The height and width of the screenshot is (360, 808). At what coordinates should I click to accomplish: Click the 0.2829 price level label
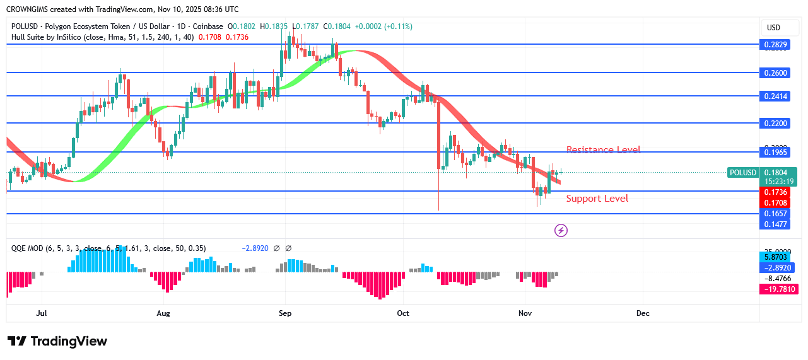[776, 44]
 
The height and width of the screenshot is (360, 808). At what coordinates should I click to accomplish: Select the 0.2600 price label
[776, 73]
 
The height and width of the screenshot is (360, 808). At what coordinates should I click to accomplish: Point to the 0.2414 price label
[776, 96]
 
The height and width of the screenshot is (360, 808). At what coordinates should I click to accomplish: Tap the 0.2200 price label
[776, 124]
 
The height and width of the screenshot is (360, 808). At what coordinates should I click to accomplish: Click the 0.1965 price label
[776, 152]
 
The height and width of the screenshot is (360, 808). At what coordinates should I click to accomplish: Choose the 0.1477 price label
[776, 224]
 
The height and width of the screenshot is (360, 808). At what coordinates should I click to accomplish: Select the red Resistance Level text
[603, 150]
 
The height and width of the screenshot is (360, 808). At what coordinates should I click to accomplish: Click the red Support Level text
[597, 199]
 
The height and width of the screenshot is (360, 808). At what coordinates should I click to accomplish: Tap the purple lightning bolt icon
[561, 230]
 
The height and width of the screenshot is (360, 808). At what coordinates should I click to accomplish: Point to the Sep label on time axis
[284, 313]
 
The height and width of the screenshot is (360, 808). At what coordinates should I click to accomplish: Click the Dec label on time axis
[643, 313]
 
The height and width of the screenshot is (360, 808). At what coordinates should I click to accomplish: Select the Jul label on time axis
[42, 313]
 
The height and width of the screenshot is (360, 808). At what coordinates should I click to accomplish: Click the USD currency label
[773, 28]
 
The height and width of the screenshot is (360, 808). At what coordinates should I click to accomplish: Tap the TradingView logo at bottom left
[57, 341]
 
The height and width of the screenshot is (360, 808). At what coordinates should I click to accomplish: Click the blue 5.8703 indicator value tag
[776, 257]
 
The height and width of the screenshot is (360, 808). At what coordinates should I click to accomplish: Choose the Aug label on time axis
[163, 313]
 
